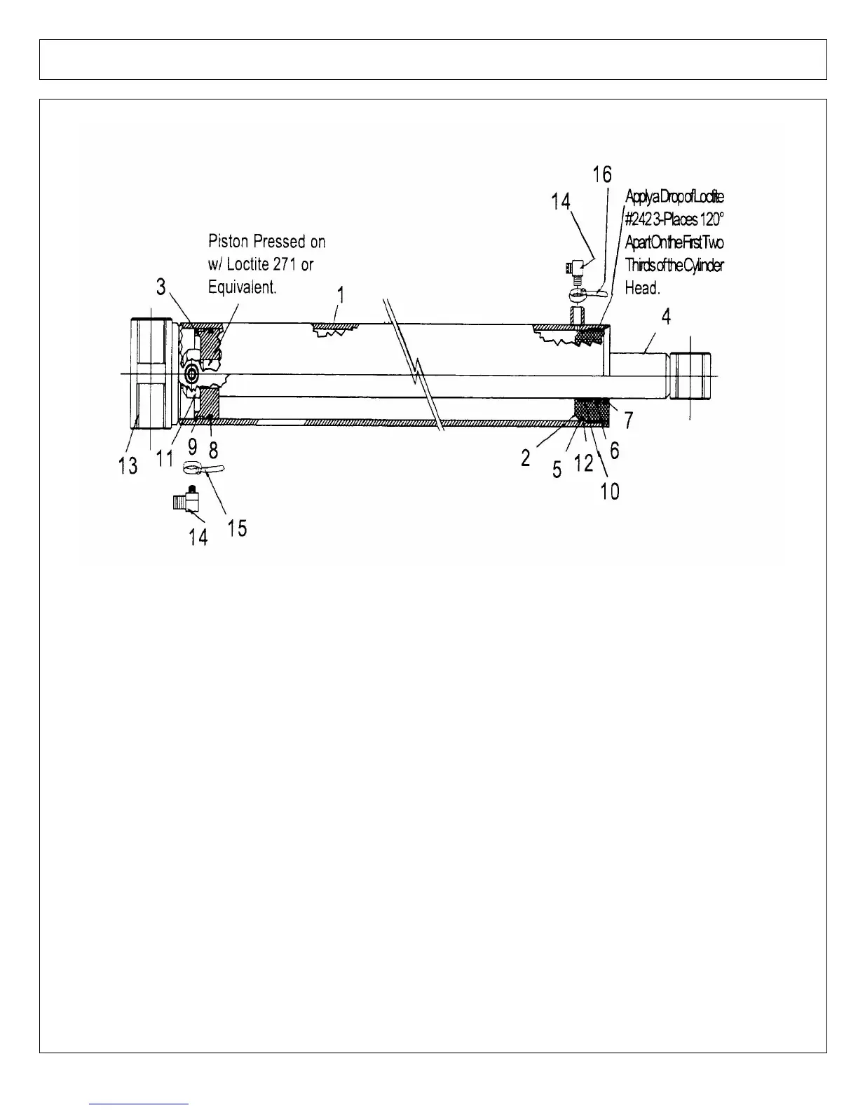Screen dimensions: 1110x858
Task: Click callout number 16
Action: point(602,174)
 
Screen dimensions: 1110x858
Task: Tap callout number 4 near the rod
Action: point(666,317)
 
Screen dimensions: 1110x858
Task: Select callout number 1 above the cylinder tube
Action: point(340,295)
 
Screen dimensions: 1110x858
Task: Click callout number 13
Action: point(128,465)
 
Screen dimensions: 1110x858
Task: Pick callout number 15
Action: point(237,528)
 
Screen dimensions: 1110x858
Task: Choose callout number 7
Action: point(629,420)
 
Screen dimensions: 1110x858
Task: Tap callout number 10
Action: point(610,491)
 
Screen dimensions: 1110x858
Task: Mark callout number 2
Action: point(526,459)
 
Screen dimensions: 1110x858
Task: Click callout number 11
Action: point(165,459)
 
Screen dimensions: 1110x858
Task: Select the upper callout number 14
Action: point(560,203)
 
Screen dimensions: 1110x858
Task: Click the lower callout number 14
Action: point(198,537)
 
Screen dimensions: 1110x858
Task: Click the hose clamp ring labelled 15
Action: point(193,467)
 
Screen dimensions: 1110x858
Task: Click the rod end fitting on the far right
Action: point(690,377)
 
